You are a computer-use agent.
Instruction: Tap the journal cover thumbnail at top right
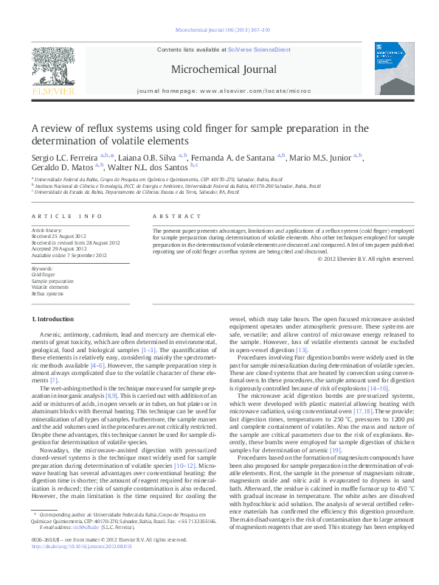pyautogui.click(x=389, y=73)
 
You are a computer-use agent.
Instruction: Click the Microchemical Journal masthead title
pyautogui.click(x=219, y=71)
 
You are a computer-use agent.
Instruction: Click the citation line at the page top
pyautogui.click(x=218, y=30)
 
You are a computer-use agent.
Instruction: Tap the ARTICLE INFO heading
pyautogui.click(x=66, y=216)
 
